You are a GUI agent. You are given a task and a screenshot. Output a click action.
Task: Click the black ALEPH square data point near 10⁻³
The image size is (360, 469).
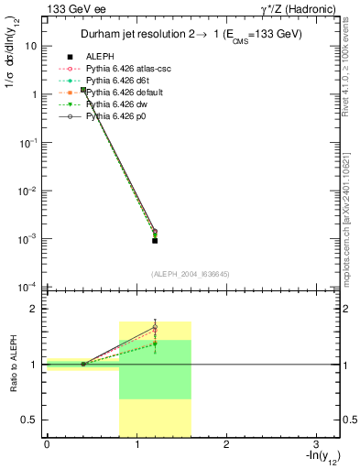(155, 240)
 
